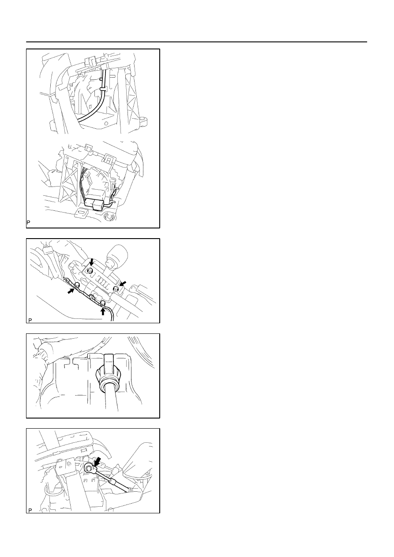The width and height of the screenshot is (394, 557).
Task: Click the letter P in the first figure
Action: coord(28,223)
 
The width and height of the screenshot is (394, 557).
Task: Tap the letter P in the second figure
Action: coord(30,320)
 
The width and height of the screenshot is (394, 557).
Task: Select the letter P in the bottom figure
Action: coord(30,510)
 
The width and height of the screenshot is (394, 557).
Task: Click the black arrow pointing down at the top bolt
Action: coord(92,262)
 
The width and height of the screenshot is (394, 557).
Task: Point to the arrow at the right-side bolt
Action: coord(123,284)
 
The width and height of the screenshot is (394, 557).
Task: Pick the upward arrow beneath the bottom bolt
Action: coord(103,311)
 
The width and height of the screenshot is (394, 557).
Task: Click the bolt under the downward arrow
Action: coord(90,271)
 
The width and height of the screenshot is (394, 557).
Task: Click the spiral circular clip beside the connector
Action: coord(110,217)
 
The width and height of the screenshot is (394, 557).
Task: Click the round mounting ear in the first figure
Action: coord(144,122)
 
